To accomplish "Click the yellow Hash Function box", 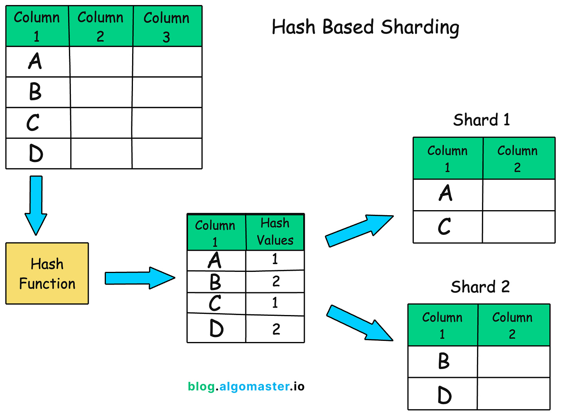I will (47, 273).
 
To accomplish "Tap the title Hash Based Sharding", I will (365, 27).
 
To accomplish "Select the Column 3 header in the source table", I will (167, 27).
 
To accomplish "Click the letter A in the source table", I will (35, 61).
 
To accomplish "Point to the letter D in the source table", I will (36, 153).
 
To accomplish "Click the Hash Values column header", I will (275, 232).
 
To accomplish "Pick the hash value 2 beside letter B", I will (276, 281).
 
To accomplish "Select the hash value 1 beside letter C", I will (275, 303).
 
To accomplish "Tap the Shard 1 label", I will (481, 120).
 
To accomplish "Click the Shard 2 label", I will (480, 287).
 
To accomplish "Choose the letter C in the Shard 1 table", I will (444, 227).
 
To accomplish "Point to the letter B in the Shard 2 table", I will (444, 361).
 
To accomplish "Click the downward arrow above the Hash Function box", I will (36, 204).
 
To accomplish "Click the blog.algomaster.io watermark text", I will (246, 386).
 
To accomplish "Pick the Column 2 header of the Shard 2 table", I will (512, 325).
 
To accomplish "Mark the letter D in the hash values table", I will (217, 329).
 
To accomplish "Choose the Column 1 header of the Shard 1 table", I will (447, 158).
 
